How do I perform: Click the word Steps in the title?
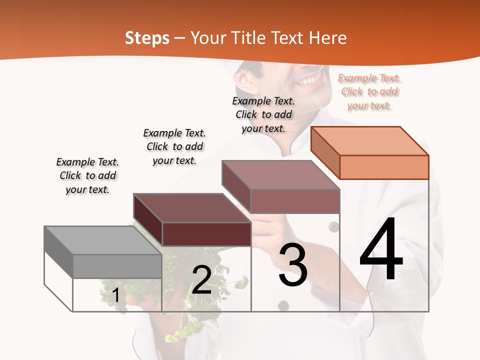click(147, 38)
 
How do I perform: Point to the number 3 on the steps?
click(292, 265)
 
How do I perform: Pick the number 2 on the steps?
click(201, 280)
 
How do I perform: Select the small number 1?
click(116, 295)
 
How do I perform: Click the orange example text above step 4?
click(369, 91)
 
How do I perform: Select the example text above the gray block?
click(87, 175)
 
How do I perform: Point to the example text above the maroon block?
click(174, 146)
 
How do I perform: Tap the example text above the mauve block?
click(263, 114)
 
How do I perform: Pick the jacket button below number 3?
click(283, 305)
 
